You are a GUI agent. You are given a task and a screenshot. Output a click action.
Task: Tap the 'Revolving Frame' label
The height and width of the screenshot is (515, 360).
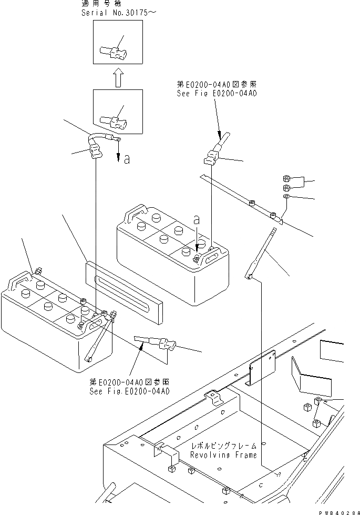(223, 455)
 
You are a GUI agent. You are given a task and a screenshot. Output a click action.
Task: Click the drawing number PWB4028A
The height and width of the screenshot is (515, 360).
(336, 511)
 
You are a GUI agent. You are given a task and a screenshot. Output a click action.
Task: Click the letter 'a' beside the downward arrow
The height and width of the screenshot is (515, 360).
(126, 159)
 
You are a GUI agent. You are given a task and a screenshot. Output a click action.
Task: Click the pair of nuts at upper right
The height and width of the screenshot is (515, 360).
(287, 184)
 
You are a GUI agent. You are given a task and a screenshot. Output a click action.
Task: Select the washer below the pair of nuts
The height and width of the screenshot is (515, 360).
(287, 196)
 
